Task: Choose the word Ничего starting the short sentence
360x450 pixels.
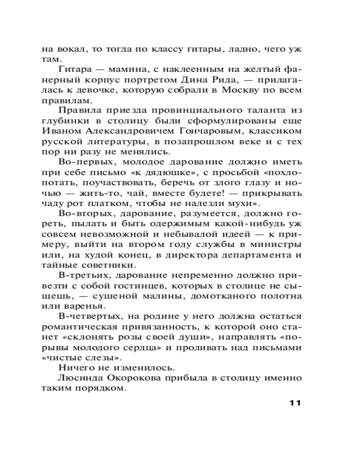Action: (x=73, y=367)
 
